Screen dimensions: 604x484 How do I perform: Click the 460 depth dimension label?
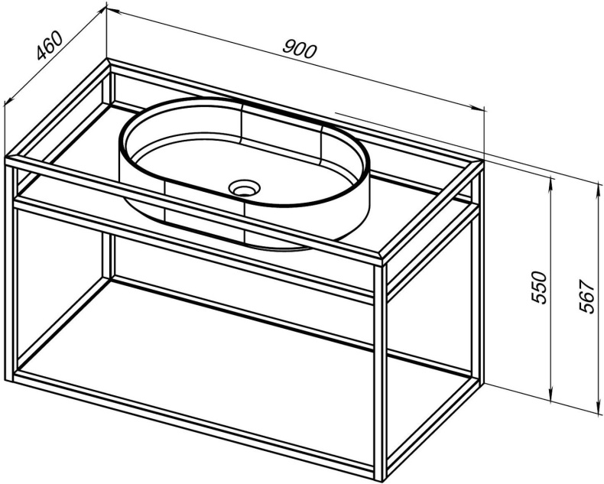(49, 46)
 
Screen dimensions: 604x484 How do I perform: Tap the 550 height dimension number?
(539, 287)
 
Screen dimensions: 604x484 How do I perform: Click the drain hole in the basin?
(244, 188)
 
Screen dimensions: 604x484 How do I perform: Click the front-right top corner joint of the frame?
(382, 257)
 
